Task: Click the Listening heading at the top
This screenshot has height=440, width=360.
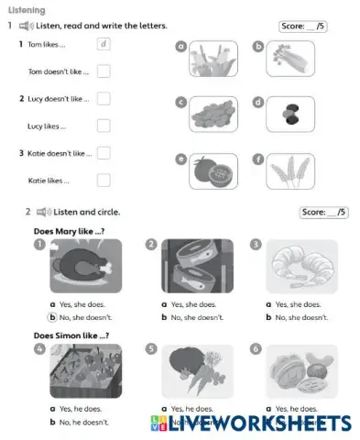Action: (x=26, y=9)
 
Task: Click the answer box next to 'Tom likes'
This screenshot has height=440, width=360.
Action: (x=104, y=44)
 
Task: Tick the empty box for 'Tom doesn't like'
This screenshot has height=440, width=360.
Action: (x=104, y=71)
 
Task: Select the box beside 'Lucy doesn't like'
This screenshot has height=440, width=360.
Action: (x=104, y=98)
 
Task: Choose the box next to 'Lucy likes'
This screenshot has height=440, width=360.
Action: (x=104, y=126)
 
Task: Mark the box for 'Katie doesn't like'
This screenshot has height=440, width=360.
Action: (x=104, y=153)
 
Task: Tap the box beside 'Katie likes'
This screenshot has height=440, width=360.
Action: (x=104, y=181)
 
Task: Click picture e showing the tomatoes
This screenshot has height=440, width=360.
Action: (x=213, y=171)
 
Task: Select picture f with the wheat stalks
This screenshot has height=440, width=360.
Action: (x=289, y=171)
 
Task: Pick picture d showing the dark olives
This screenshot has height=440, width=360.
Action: (x=289, y=115)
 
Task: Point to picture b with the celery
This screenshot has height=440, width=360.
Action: (x=289, y=59)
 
